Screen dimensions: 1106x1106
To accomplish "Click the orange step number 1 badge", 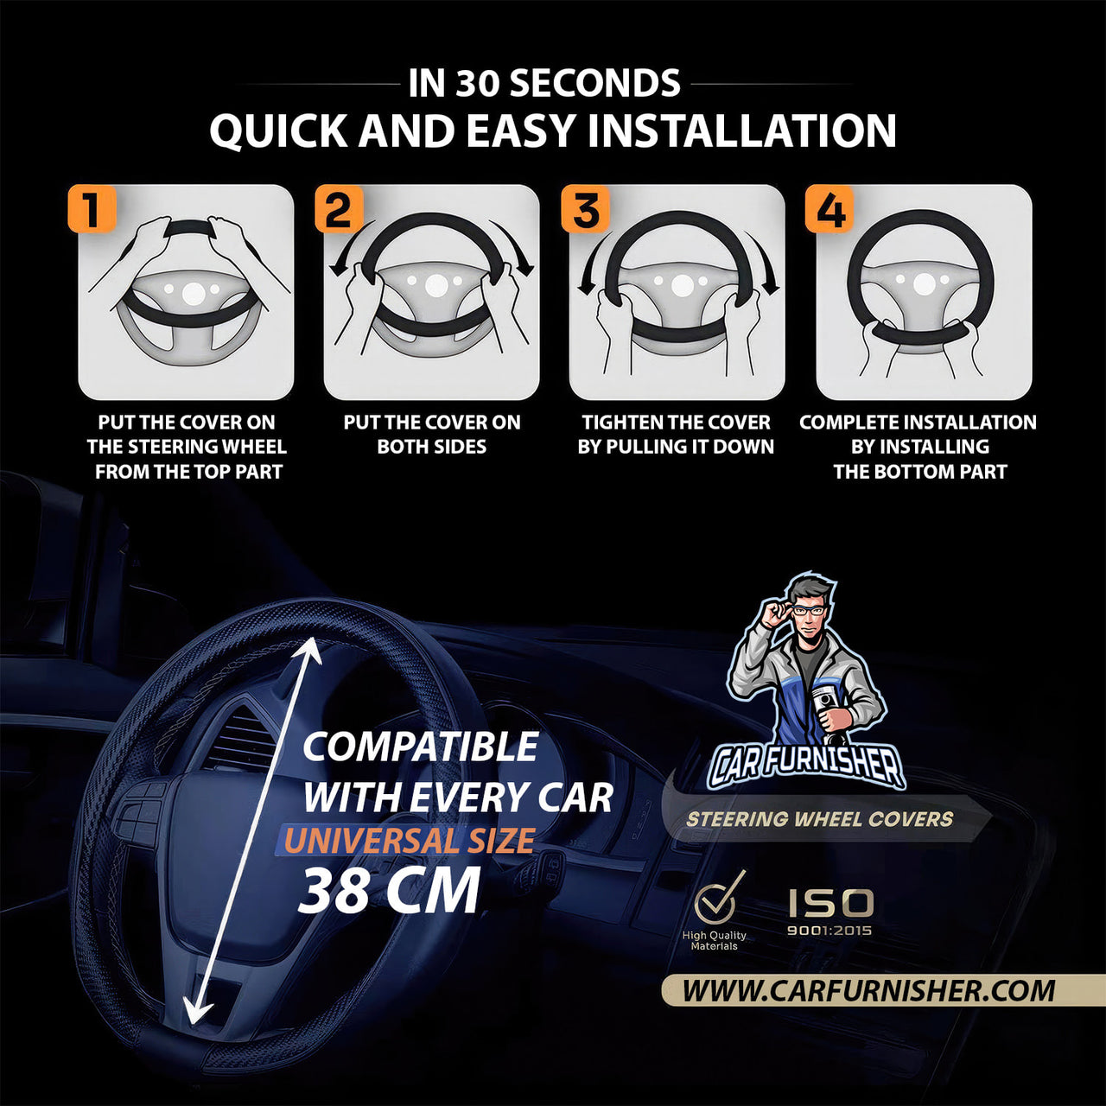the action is (92, 208).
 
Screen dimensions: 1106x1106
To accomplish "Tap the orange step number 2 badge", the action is (339, 208).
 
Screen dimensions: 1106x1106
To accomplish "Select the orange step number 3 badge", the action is (585, 208).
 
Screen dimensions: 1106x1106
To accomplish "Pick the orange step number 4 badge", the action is (829, 208).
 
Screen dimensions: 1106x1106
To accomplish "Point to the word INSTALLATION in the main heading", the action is (741, 130).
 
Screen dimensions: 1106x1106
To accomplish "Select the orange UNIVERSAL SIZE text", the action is (410, 841).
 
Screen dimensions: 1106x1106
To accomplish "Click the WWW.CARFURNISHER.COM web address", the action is (868, 990).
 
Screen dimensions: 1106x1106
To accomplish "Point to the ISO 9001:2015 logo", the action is (829, 912).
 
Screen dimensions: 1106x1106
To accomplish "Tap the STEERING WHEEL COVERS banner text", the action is (820, 819).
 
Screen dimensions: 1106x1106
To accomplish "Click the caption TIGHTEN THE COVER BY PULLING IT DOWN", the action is (676, 435).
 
